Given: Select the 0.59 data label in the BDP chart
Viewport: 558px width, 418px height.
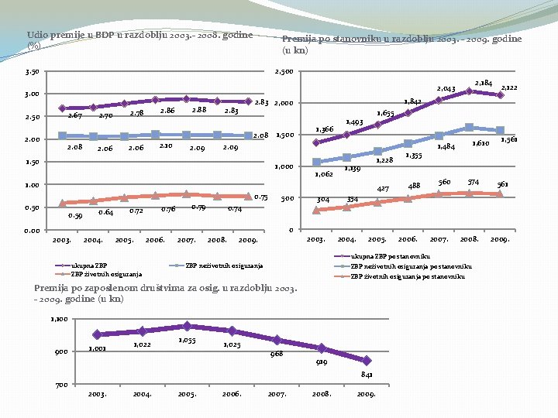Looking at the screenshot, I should pos(75,216).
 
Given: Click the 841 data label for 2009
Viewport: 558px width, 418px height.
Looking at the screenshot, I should pos(367,375).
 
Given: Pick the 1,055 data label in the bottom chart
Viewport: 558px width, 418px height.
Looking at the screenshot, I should pos(186,340).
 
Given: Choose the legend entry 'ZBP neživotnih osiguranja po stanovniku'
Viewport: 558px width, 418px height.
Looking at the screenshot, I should pos(408,266).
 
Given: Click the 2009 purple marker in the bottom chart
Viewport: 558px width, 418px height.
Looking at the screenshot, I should pos(367,361).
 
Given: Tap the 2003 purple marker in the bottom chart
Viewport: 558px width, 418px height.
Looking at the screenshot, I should pos(97,334).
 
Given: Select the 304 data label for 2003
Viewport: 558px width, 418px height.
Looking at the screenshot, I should pos(322,200).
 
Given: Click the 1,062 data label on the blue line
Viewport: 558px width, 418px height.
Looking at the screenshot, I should pos(323,175).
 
